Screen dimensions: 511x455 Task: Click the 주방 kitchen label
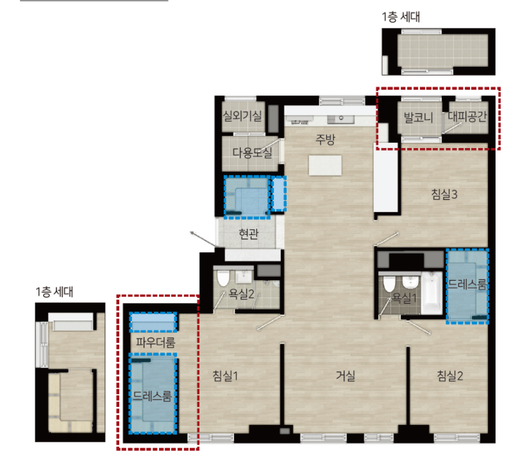pos(325,140)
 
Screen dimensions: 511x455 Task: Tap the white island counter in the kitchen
pos(325,165)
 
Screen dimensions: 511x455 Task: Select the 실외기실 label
pos(242,115)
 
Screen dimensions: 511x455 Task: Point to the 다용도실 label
pos(252,153)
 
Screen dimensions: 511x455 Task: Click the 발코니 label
pos(419,117)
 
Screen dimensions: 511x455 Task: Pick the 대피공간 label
pos(467,116)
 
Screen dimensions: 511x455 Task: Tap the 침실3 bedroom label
pos(444,194)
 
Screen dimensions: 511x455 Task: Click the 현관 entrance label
pos(249,233)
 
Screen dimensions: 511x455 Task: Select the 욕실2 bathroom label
pos(241,294)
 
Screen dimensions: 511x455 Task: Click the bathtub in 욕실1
pos(431,293)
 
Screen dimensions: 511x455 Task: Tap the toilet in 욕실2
pos(223,278)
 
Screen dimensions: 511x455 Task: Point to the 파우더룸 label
pos(155,342)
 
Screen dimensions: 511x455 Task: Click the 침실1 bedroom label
pos(225,376)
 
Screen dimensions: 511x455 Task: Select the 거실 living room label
pos(346,376)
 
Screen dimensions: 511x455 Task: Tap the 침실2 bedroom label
pos(449,376)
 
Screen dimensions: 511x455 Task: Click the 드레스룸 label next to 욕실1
pos(467,285)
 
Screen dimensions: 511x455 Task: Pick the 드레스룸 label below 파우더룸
pos(152,397)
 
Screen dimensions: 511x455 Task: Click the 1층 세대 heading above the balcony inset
pos(401,17)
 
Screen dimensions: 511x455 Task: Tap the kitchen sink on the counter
pos(340,119)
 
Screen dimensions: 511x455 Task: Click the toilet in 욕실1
pos(389,284)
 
